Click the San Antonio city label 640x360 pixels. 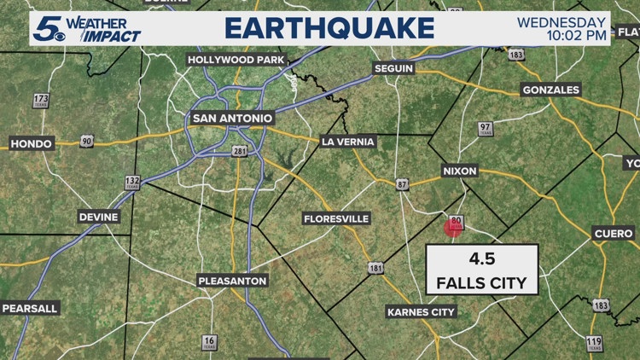click(232, 118)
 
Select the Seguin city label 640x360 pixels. click(393, 68)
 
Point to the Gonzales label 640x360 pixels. click(550, 90)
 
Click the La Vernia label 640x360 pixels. click(348, 142)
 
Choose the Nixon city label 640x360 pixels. click(459, 171)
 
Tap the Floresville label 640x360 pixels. click(336, 219)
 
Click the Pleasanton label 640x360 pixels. click(232, 281)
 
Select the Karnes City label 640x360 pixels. click(421, 312)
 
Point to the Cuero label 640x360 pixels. click(614, 234)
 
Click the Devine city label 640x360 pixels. click(99, 218)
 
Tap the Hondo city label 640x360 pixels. click(32, 143)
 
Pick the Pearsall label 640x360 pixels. click(28, 308)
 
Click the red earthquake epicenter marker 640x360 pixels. click(453, 228)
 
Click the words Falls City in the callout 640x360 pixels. click(481, 282)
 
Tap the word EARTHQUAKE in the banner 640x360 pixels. click(329, 27)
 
